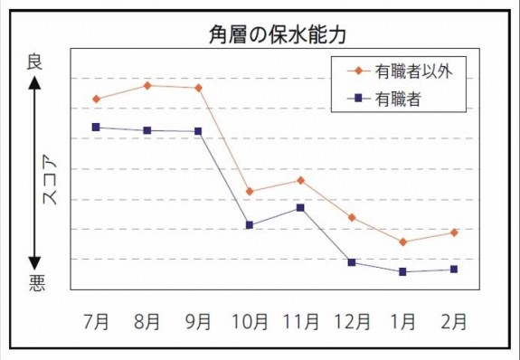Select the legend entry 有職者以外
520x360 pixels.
point(412,70)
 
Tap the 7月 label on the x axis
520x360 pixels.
point(96,320)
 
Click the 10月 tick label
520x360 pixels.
point(249,320)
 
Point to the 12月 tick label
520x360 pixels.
point(351,320)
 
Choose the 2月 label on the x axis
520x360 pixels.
point(454,320)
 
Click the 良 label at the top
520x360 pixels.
point(34,61)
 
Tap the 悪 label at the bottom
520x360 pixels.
point(34,283)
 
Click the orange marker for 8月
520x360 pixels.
point(147,85)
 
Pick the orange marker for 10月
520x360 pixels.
point(250,192)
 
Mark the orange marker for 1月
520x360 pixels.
point(403,242)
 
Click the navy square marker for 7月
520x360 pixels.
point(96,128)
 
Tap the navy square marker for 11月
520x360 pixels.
point(300,208)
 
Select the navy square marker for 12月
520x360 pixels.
point(352,262)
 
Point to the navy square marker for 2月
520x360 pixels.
point(454,270)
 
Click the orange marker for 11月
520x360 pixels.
point(300,180)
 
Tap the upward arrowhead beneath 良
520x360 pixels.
point(34,83)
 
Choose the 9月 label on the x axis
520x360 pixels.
point(198,320)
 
